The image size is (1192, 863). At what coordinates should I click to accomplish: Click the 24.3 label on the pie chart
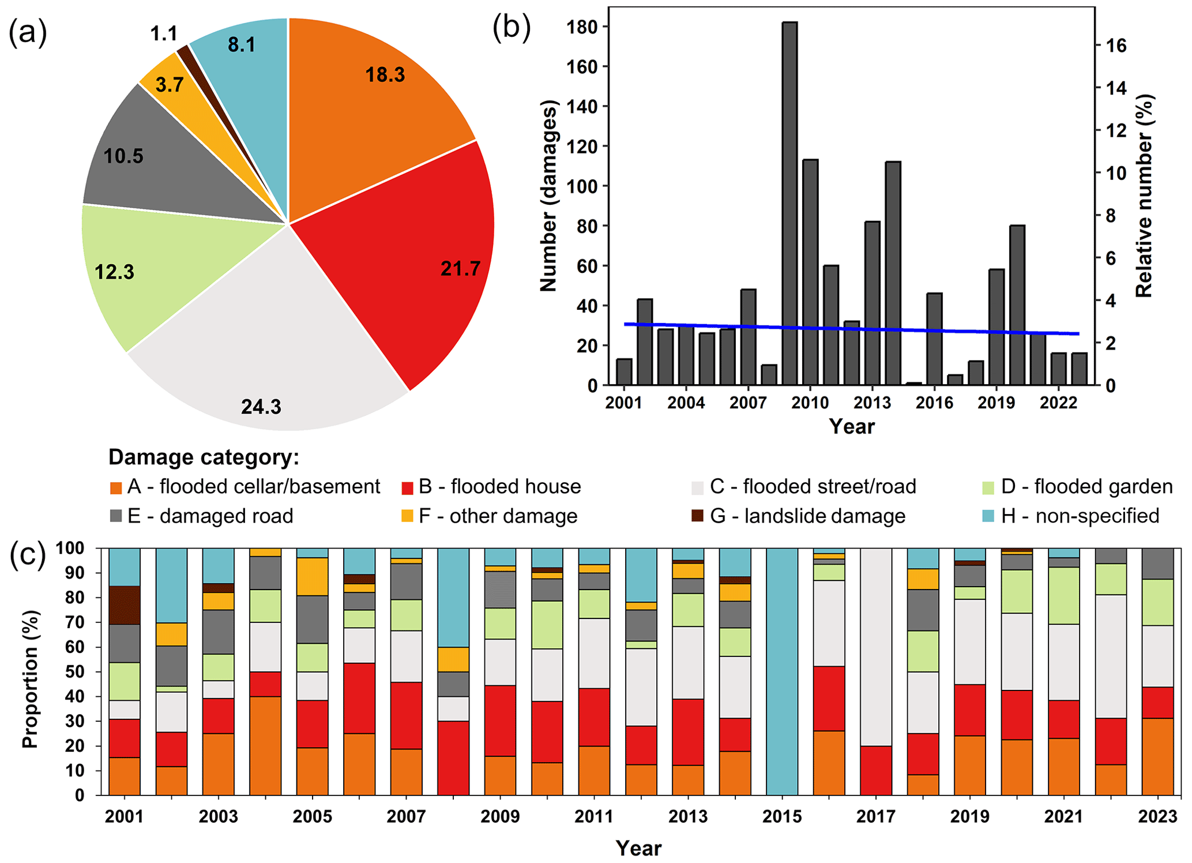tap(261, 407)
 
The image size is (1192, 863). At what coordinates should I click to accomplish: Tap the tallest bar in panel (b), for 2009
tap(789, 202)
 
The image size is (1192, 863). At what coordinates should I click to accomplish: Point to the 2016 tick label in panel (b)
tap(934, 403)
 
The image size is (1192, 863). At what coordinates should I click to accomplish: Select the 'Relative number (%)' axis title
tap(1144, 196)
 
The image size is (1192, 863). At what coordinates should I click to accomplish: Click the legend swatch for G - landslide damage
tap(698, 516)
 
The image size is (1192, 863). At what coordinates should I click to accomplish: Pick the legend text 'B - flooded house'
tap(499, 487)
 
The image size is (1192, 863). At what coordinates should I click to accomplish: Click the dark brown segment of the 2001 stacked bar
tap(125, 605)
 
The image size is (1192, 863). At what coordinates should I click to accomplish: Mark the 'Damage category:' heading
tap(204, 457)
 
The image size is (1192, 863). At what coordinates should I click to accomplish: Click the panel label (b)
tap(512, 28)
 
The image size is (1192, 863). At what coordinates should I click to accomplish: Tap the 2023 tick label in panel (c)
tap(1157, 816)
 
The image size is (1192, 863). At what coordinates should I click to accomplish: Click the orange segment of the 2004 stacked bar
tap(265, 745)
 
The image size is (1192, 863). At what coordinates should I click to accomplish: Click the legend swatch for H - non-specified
tap(988, 516)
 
